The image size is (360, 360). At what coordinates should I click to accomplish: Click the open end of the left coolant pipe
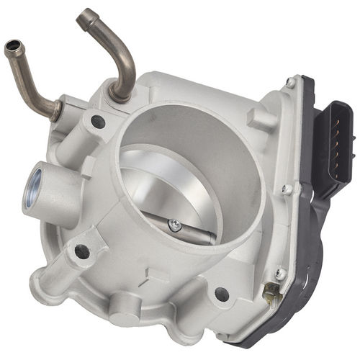click(12, 49)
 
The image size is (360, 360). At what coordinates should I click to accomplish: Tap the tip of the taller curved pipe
click(86, 14)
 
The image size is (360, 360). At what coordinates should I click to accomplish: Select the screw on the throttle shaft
click(174, 225)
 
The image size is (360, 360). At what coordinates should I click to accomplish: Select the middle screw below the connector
click(287, 190)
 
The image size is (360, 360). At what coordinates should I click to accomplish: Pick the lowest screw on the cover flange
click(280, 273)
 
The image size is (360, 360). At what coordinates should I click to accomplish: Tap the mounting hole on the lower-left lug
click(82, 251)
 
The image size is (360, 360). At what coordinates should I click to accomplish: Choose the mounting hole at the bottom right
click(222, 294)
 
